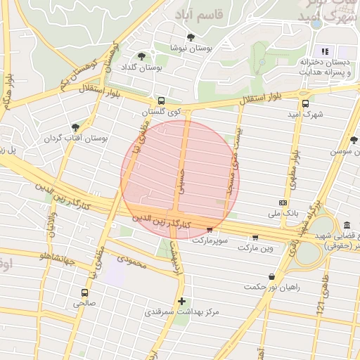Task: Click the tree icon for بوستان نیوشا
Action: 190,37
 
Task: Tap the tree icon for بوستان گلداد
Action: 142,56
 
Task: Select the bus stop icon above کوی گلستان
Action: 162,101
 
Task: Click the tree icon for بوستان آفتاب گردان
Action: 75,127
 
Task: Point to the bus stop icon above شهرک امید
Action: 304,102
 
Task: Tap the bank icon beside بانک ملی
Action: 283,202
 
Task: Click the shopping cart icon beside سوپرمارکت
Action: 210,229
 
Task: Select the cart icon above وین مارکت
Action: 255,237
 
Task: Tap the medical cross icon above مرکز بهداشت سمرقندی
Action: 181,300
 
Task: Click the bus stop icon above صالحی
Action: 85,292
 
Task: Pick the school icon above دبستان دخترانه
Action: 325,51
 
